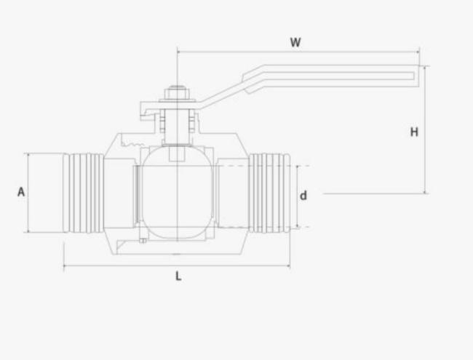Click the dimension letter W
(x=295, y=42)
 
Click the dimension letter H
(x=414, y=132)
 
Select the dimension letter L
(x=178, y=276)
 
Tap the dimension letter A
(x=21, y=192)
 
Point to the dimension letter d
(x=303, y=195)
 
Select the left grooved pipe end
(x=82, y=193)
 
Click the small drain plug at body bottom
(x=144, y=241)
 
